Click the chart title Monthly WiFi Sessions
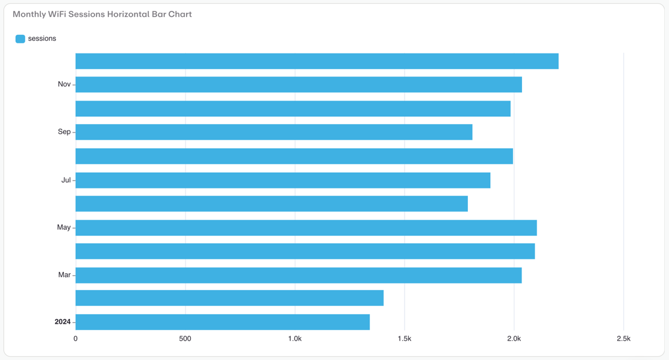(102, 14)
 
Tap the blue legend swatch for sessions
(20, 39)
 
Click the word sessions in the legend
(42, 39)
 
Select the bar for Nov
(298, 84)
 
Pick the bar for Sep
(273, 132)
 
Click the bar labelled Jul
(282, 180)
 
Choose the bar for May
(306, 228)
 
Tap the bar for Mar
(298, 275)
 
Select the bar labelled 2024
(222, 322)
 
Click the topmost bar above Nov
(317, 61)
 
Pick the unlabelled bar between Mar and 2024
(229, 298)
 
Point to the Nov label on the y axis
(64, 84)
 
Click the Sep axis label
(64, 132)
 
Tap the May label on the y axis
(63, 228)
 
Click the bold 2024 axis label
(63, 322)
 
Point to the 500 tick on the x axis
(185, 339)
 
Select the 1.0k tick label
(294, 339)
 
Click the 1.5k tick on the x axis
(404, 339)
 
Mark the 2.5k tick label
(623, 339)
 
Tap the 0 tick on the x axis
(75, 339)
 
